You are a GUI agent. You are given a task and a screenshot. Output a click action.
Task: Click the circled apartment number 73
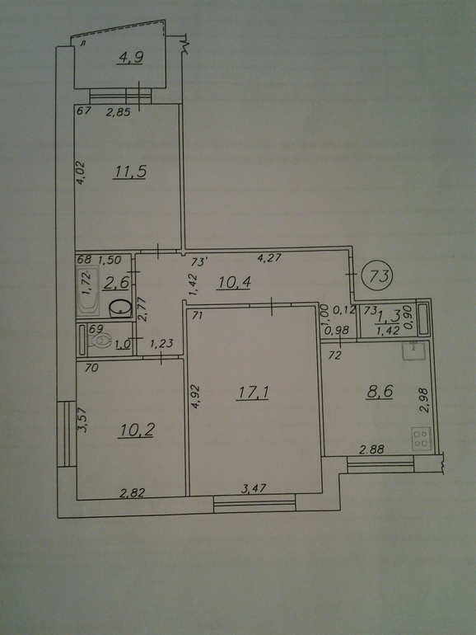pos(381,275)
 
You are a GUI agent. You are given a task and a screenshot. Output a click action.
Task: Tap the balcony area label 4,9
pos(131,58)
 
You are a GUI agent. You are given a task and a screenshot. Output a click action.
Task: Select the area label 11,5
pos(130,172)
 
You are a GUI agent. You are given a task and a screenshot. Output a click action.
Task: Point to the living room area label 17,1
pos(254,393)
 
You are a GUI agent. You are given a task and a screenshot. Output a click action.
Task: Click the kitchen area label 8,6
pos(380,392)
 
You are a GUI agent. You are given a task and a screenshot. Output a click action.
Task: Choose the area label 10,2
pos(136,430)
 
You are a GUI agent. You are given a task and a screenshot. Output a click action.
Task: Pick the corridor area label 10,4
pos(234,282)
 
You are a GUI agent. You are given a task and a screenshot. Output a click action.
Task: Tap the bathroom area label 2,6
pos(116,283)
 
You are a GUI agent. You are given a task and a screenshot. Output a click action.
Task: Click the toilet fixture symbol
pos(100,341)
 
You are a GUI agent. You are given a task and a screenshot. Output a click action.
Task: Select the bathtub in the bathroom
pos(88,291)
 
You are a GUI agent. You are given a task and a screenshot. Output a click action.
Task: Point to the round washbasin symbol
pos(120,309)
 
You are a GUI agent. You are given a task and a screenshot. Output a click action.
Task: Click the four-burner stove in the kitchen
pos(422,439)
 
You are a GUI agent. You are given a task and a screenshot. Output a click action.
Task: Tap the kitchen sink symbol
pos(413,350)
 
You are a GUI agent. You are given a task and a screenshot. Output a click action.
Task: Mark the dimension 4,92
pos(197,396)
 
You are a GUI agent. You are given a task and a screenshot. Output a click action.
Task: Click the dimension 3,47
pos(254,488)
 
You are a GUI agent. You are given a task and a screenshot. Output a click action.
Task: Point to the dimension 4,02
pos(82,173)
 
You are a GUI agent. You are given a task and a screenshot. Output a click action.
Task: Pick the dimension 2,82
pos(133,492)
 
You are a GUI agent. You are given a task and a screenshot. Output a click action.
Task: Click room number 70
pos(92,368)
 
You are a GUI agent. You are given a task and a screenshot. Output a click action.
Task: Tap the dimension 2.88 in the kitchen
pos(371,449)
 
